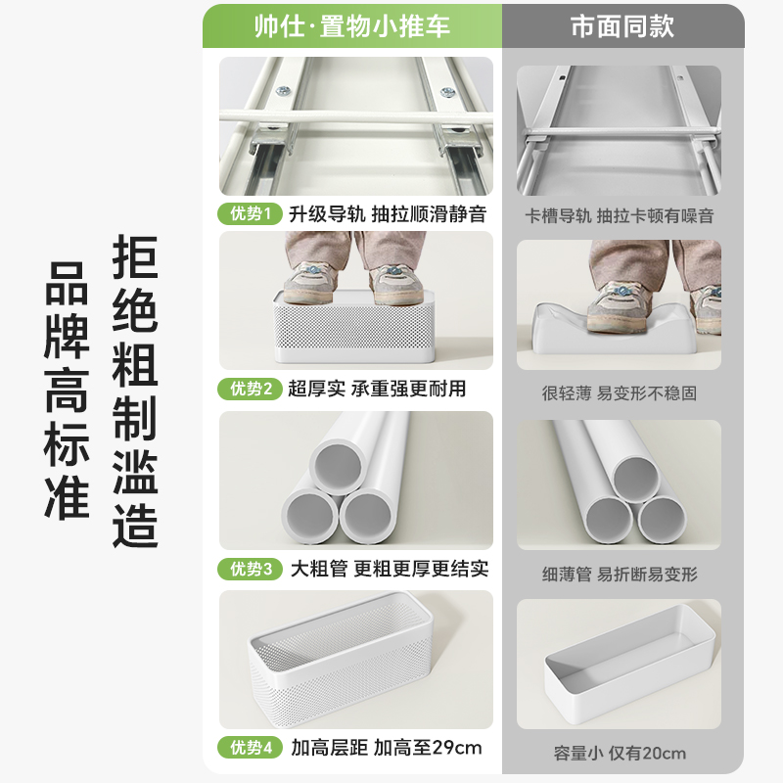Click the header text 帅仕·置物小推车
click(x=352, y=26)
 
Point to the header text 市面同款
click(x=622, y=26)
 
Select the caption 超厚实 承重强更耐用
click(x=377, y=389)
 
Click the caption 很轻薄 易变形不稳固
click(x=620, y=393)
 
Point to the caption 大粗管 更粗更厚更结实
click(x=389, y=569)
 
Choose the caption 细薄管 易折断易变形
click(x=620, y=574)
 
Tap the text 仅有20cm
click(x=648, y=753)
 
